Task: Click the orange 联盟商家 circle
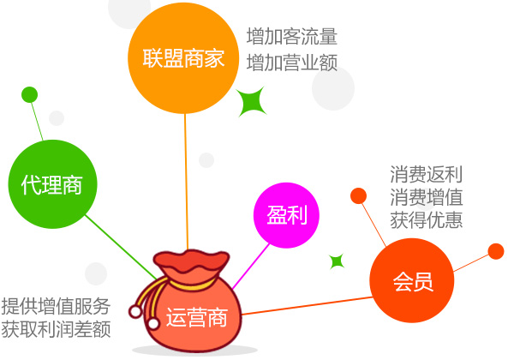coord(183,58)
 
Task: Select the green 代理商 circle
coord(52,184)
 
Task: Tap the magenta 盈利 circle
coord(286,215)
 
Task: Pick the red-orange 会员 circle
coord(412,280)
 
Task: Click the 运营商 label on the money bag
coord(197,317)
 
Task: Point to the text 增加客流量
coord(292,36)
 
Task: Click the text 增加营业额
coord(292,63)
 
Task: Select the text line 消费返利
coord(427,174)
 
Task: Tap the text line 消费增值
coord(427,197)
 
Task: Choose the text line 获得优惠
coord(427,219)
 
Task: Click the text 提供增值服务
coord(56,306)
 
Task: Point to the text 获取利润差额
coord(56,329)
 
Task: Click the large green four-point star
coord(251,101)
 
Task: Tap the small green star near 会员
coord(337,261)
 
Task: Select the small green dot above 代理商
coord(29,95)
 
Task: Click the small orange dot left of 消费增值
coord(359,195)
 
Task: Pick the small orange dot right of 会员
coord(496,251)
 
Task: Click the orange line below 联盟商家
coord(186,182)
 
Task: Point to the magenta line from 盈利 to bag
coord(251,267)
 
